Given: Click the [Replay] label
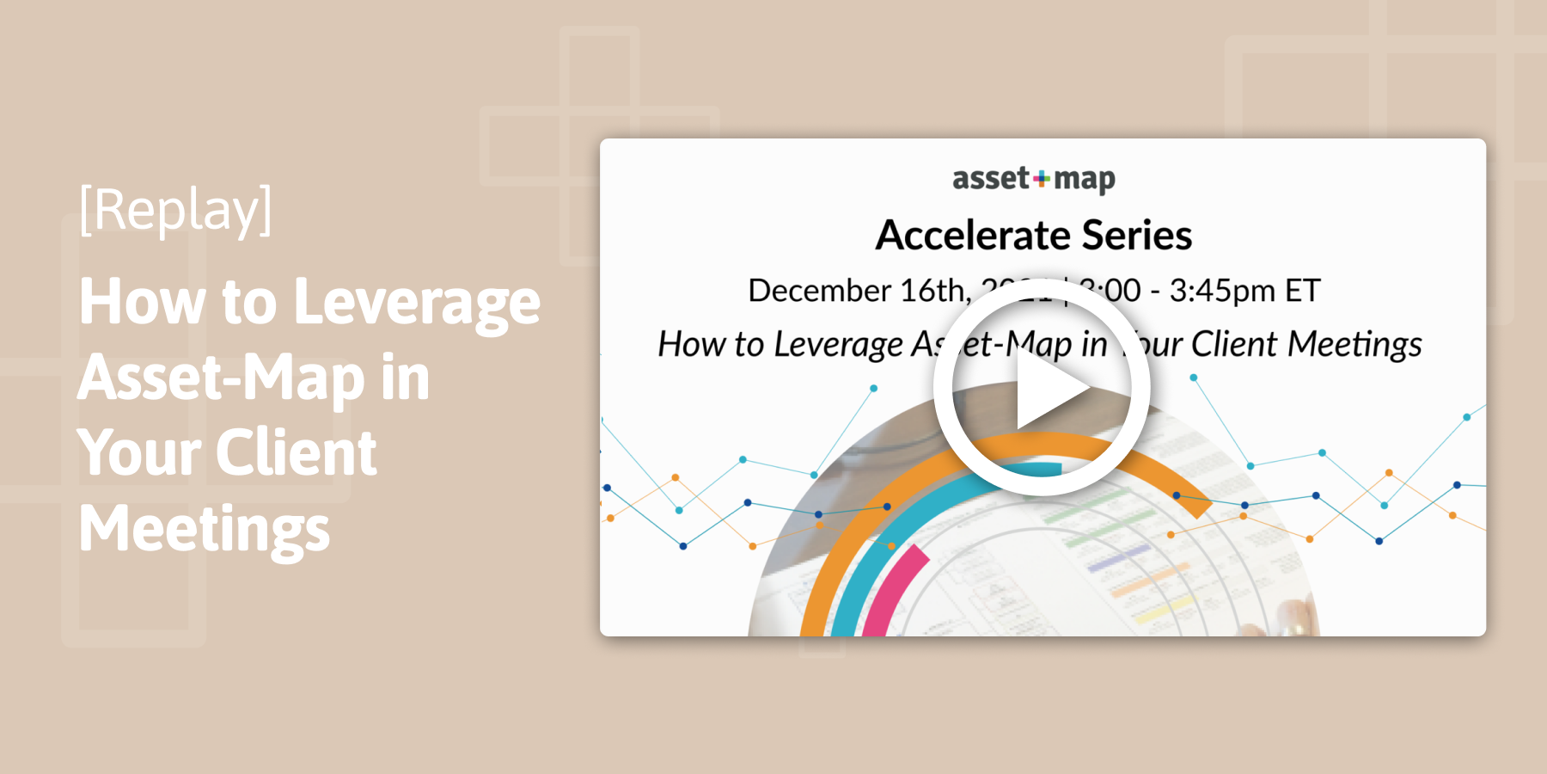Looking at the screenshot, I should coord(175,209).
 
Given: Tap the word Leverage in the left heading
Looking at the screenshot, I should coord(417,303).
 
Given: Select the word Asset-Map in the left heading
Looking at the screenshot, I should coord(221,378).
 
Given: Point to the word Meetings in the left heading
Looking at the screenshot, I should coord(205,529).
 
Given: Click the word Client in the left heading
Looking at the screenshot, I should coord(296,453).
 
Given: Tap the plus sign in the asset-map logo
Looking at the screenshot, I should coord(1042,179).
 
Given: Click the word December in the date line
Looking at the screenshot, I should coord(819,291).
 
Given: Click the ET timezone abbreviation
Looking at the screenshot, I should coord(1302,291).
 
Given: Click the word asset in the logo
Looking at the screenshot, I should coord(990,179).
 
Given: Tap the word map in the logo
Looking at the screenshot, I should coord(1085,180).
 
